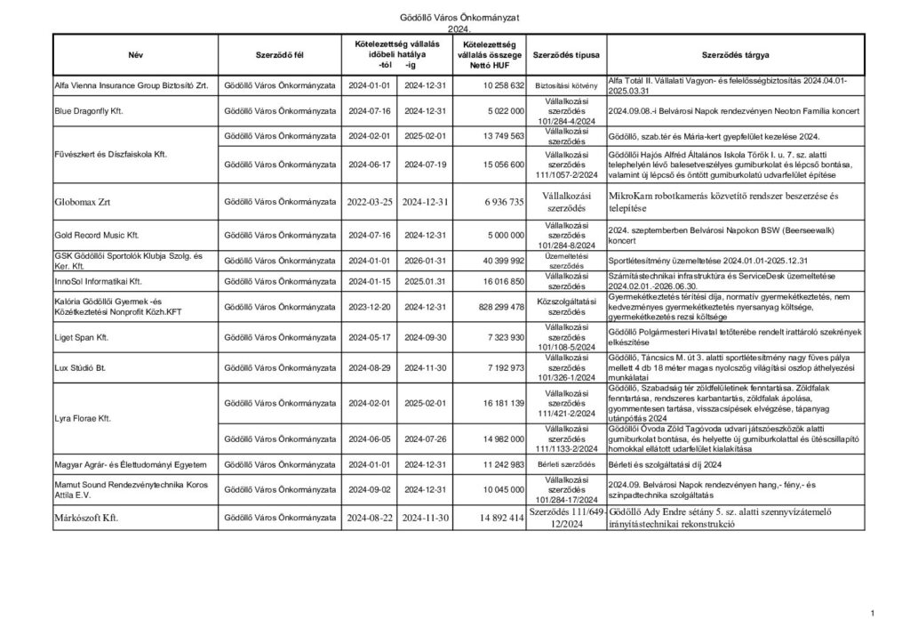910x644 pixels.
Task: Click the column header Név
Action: pos(135,55)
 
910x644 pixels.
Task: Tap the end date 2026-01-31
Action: pos(423,260)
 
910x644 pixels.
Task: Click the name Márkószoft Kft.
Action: pos(86,517)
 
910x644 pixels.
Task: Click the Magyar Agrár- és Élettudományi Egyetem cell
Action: pos(131,464)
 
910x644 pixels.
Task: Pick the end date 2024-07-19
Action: pos(423,164)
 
